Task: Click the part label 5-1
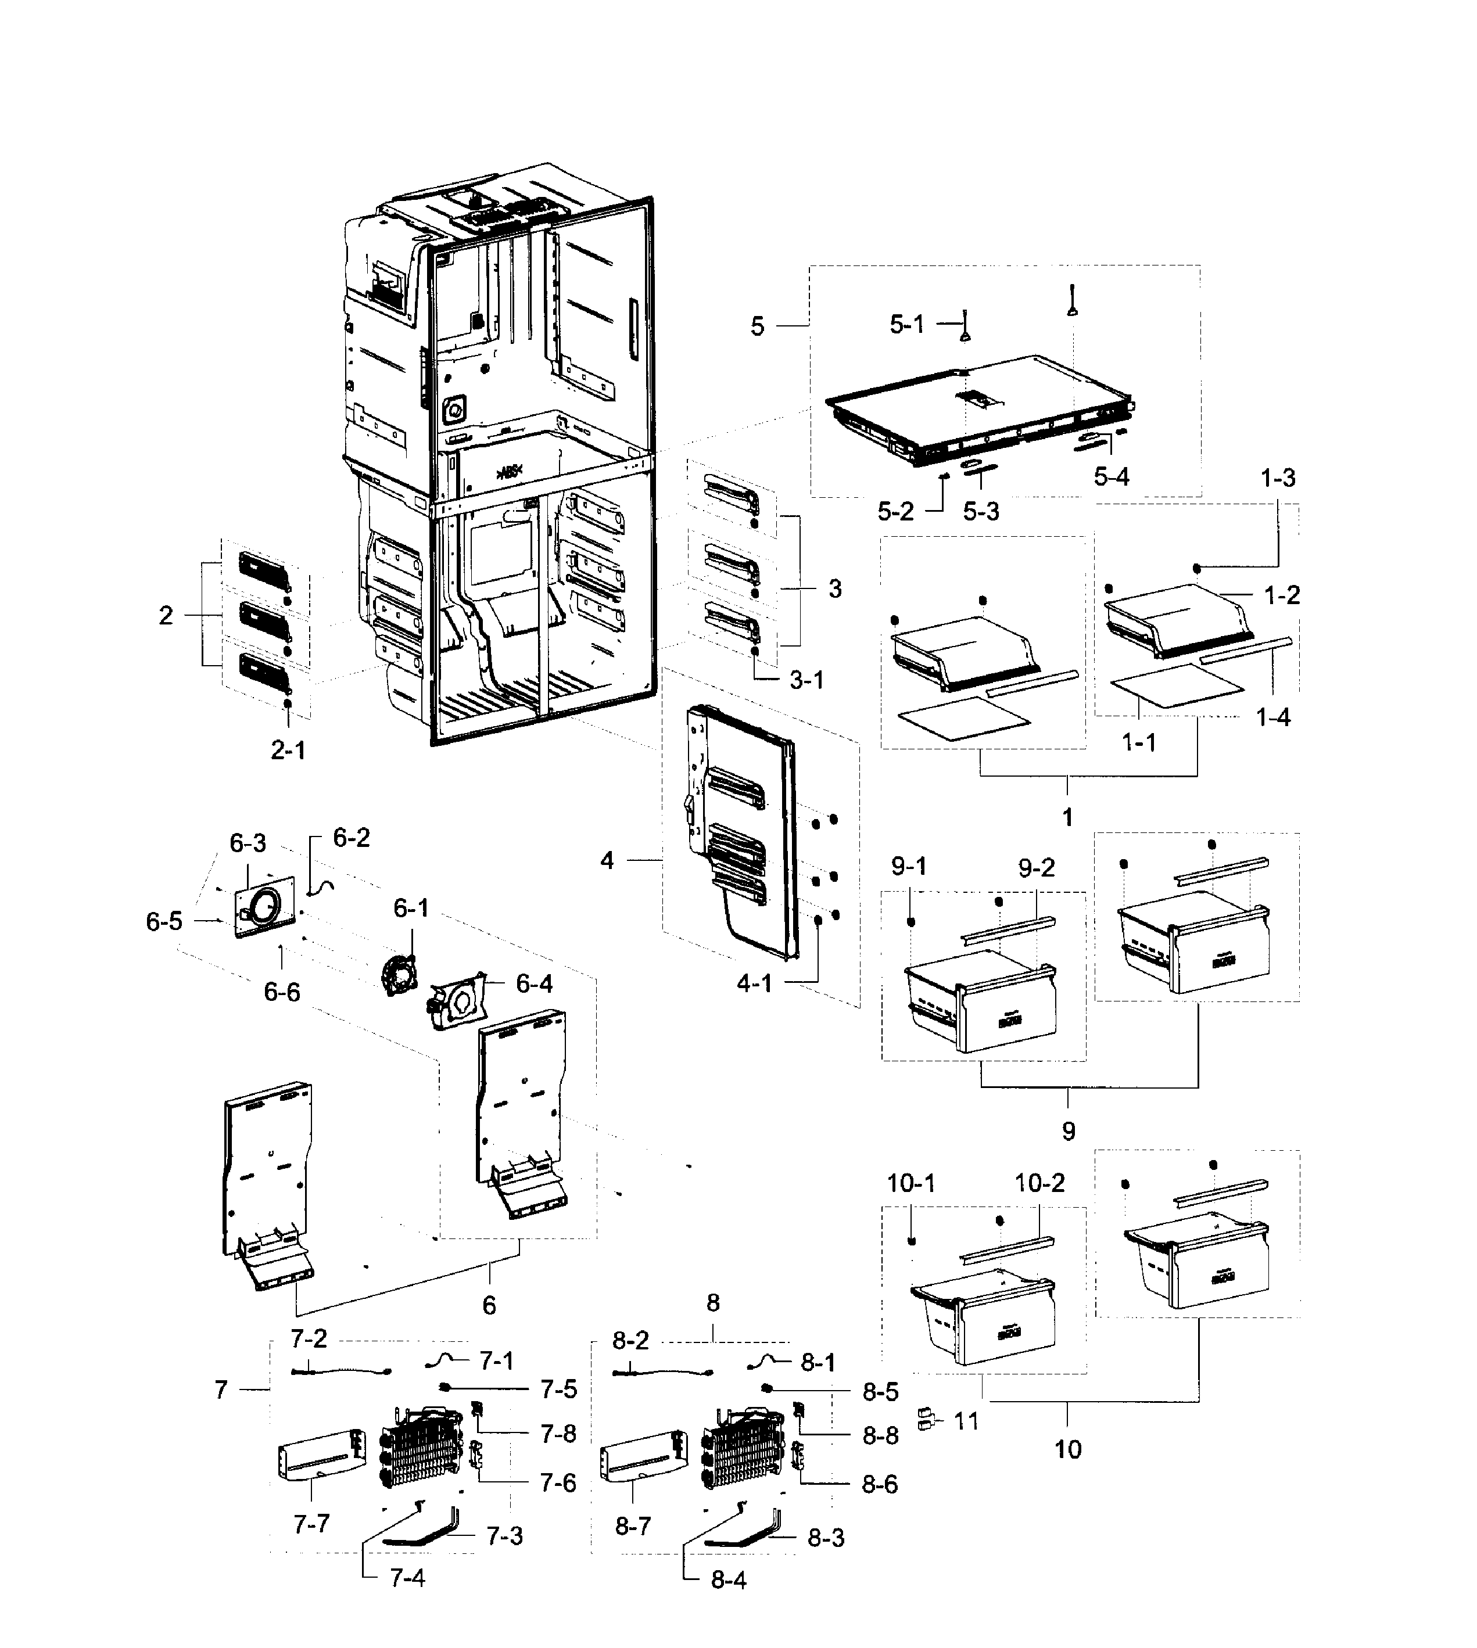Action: [x=906, y=325]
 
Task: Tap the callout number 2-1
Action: [x=288, y=751]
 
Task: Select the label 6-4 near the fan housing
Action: [x=534, y=983]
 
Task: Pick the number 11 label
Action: [x=966, y=1421]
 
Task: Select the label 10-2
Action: [x=1039, y=1183]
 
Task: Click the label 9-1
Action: [x=909, y=867]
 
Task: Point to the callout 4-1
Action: [x=754, y=983]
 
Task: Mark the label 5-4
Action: [x=1111, y=476]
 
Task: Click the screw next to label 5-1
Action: [x=965, y=329]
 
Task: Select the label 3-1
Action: [x=806, y=680]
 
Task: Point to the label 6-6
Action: [x=282, y=992]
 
